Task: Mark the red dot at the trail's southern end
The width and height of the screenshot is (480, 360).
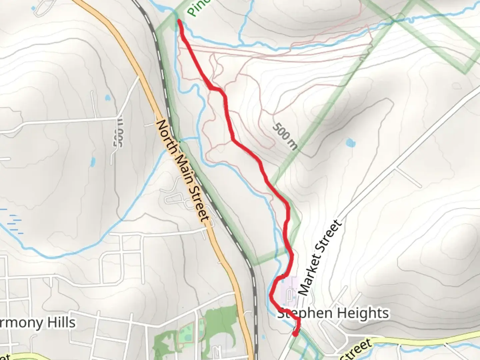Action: pyautogui.click(x=295, y=334)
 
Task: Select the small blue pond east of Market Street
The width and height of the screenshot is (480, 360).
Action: pyautogui.click(x=350, y=143)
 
